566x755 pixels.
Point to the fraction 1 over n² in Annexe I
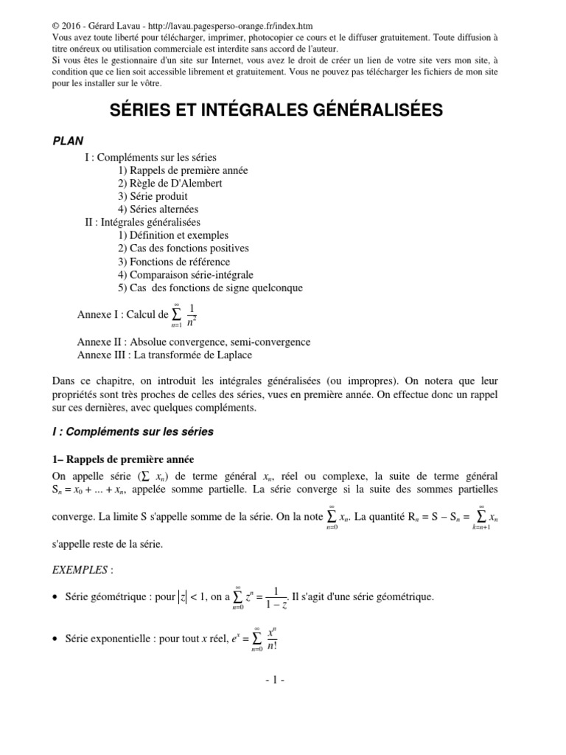[x=192, y=315]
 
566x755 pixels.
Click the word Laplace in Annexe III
[x=230, y=355]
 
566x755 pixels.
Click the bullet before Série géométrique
[x=56, y=596]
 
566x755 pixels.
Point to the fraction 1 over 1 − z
[x=275, y=598]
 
